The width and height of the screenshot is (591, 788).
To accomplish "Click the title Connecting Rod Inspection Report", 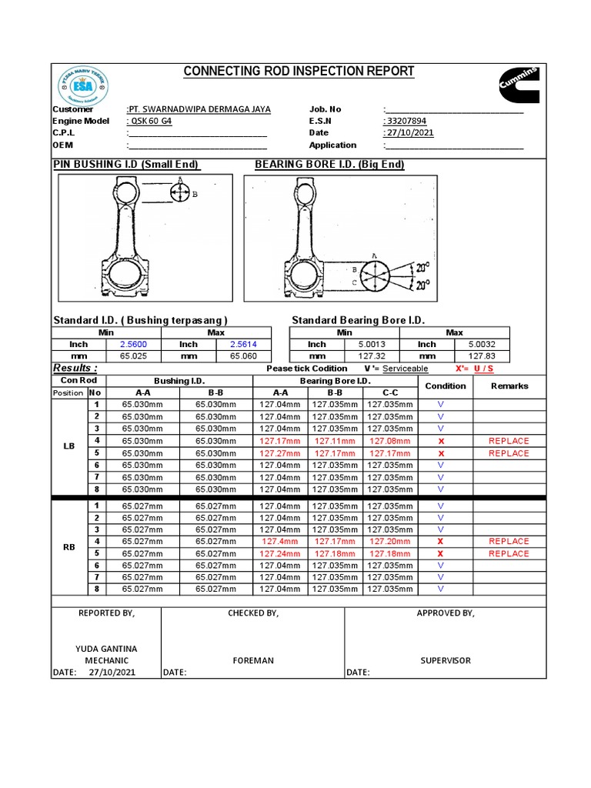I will [299, 72].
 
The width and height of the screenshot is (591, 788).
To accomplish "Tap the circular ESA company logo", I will [84, 86].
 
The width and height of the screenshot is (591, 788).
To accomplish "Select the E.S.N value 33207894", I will [405, 121].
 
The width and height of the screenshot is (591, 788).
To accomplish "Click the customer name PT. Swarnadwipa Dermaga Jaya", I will [199, 109].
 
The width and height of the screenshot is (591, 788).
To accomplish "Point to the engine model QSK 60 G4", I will [150, 121].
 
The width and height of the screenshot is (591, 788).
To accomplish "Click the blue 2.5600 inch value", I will [134, 345].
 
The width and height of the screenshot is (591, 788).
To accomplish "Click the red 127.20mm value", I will [389, 541].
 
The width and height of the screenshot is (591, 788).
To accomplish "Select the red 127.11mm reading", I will [335, 441].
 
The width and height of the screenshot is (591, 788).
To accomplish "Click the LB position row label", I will [69, 446].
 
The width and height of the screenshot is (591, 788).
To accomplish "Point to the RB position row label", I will [69, 547].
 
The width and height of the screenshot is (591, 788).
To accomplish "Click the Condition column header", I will [445, 386].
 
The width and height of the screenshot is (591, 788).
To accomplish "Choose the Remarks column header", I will [509, 386].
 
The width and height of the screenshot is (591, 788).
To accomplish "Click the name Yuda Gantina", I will [106, 649].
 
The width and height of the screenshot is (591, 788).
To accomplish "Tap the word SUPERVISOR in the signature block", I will [445, 660].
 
